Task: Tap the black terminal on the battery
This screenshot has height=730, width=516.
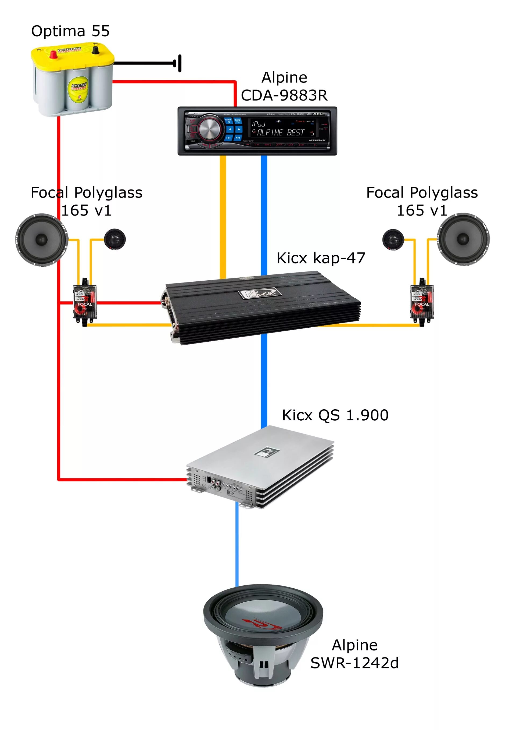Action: click(95, 50)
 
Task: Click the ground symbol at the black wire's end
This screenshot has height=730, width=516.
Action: click(179, 63)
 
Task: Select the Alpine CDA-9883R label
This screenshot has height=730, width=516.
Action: click(284, 86)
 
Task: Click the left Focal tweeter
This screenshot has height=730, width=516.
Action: click(115, 239)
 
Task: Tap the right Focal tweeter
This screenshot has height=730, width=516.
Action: click(393, 239)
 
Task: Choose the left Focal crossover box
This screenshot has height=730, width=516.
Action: click(85, 302)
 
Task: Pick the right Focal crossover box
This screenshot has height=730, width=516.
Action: click(422, 302)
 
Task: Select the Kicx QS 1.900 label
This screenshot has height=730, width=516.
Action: click(335, 415)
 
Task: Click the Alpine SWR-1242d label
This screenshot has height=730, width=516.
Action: click(354, 654)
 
